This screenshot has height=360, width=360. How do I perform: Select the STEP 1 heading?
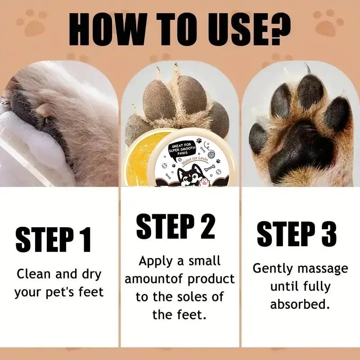tap(54, 240)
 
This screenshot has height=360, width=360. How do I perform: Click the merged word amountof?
tap(154, 279)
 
